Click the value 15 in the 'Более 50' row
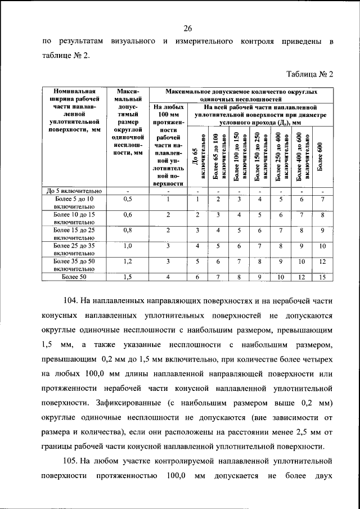322,277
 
